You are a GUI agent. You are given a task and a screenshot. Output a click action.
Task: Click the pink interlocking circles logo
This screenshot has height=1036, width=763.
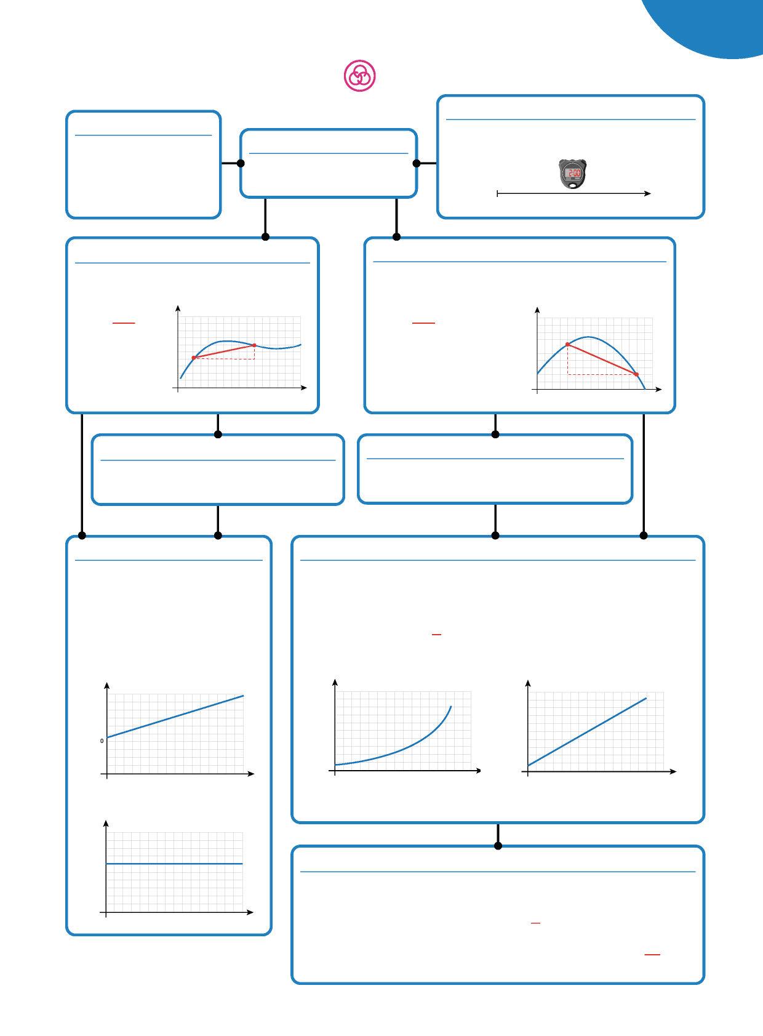(x=359, y=76)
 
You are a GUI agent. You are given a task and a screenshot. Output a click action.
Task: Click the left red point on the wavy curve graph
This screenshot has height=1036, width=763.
(x=194, y=358)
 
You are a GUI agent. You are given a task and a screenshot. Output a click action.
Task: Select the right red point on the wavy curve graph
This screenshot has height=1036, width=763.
(x=254, y=345)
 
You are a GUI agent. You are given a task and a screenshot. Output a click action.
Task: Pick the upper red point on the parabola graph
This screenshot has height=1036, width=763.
(x=567, y=345)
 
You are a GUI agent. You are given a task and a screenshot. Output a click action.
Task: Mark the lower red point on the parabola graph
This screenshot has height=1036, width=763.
(x=636, y=374)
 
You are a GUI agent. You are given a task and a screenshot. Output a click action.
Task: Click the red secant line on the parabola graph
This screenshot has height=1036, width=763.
(x=602, y=359)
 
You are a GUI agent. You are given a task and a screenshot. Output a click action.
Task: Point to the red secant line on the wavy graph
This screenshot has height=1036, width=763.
(x=224, y=351)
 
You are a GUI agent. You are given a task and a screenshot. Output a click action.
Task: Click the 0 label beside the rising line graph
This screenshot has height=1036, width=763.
(x=102, y=741)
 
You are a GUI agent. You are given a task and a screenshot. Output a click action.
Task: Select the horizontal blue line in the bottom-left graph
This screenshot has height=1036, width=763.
(x=175, y=864)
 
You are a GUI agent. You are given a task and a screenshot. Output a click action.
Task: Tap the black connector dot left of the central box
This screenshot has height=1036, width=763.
(x=241, y=163)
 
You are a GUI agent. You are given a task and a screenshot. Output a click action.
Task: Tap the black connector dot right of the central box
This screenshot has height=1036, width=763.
(x=417, y=163)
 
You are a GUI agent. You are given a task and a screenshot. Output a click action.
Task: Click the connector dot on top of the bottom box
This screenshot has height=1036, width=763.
(x=498, y=846)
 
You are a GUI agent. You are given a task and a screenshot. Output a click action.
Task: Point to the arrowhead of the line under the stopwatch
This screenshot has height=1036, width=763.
(x=648, y=193)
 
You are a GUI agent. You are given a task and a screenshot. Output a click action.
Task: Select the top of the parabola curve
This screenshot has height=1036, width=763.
(x=589, y=337)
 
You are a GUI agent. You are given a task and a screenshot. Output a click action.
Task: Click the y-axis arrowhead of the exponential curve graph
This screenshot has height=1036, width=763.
(x=335, y=682)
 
